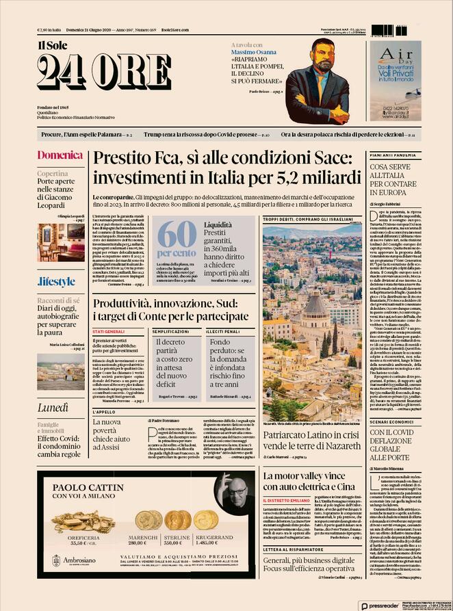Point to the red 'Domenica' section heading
[60, 155]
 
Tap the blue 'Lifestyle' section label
[56, 281]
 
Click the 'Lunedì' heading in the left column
[53, 389]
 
